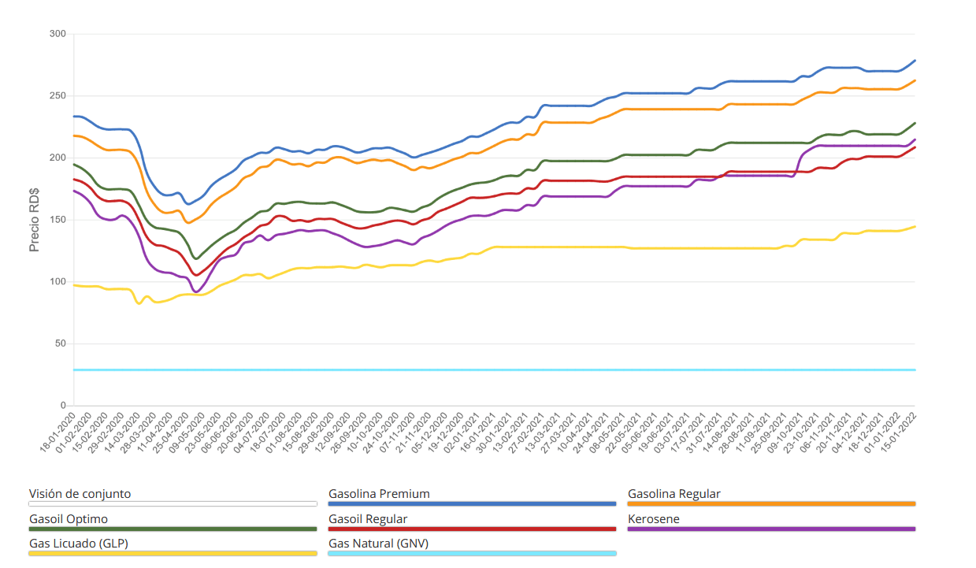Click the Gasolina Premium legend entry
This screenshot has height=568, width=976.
coord(380,494)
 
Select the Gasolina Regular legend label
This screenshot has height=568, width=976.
coord(674,494)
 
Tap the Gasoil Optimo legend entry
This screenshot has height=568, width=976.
coord(69,519)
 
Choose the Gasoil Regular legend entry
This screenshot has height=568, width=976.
coord(368,519)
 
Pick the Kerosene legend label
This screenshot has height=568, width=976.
coord(654,519)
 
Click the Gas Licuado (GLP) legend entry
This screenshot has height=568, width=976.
coord(79,544)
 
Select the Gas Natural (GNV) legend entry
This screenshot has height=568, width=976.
coord(378,544)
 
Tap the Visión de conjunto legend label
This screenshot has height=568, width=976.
coord(80,494)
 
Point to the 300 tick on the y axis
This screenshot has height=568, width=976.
coord(57,34)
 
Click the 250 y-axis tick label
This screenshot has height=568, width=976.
coord(57,96)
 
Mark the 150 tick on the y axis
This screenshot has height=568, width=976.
coord(57,220)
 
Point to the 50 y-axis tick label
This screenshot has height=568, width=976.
coord(60,344)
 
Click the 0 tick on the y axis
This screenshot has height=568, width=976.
coord(63,406)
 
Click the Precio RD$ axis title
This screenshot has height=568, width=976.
coord(34,220)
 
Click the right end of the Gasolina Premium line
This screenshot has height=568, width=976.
coord(915,61)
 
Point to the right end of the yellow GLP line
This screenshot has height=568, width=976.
coord(915,227)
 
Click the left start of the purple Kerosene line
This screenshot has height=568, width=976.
coord(74,191)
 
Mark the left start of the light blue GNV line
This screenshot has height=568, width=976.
coord(74,369)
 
